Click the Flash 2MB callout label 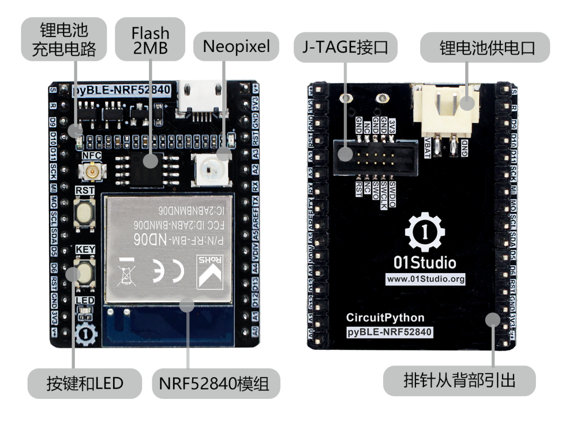tap(150, 40)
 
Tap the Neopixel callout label tap(236, 47)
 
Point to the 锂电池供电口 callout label tap(485, 48)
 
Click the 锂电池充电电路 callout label tap(63, 40)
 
